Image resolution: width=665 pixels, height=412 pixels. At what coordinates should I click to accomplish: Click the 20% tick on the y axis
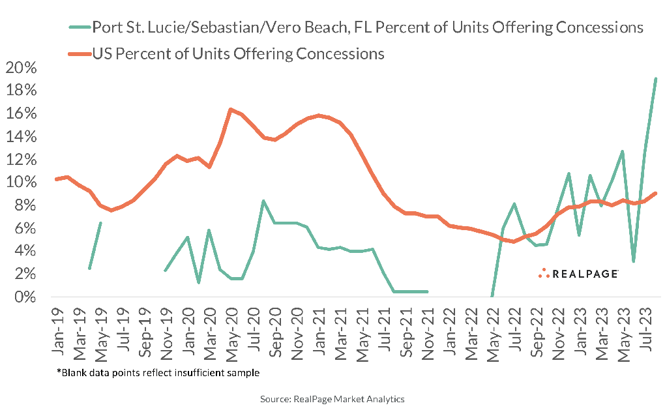click(22, 68)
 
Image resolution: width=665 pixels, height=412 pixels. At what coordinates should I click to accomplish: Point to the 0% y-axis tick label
click(25, 297)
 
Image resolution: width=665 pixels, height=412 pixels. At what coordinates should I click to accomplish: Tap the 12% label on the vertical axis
click(22, 160)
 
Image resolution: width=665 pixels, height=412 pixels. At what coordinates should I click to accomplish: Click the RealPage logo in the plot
click(578, 274)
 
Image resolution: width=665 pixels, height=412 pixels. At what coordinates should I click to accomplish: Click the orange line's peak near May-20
click(231, 110)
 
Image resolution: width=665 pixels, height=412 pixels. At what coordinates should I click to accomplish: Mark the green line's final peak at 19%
click(655, 79)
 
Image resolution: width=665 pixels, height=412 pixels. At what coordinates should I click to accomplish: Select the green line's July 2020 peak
click(263, 201)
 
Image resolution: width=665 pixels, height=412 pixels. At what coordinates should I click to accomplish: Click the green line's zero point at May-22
click(492, 297)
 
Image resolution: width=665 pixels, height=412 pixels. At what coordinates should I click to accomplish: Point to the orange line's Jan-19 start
click(57, 179)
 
